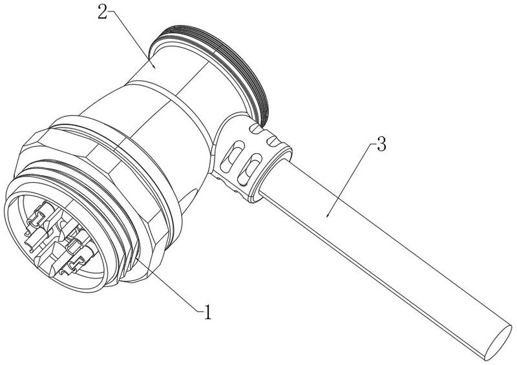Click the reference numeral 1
pyautogui.click(x=207, y=312)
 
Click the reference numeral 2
pyautogui.click(x=103, y=12)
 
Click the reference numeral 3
pyautogui.click(x=381, y=144)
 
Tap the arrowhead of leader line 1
pyautogui.click(x=137, y=258)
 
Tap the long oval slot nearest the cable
pyautogui.click(x=250, y=169)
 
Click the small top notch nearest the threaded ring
pyautogui.click(x=256, y=129)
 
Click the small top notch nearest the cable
pyautogui.click(x=272, y=141)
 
